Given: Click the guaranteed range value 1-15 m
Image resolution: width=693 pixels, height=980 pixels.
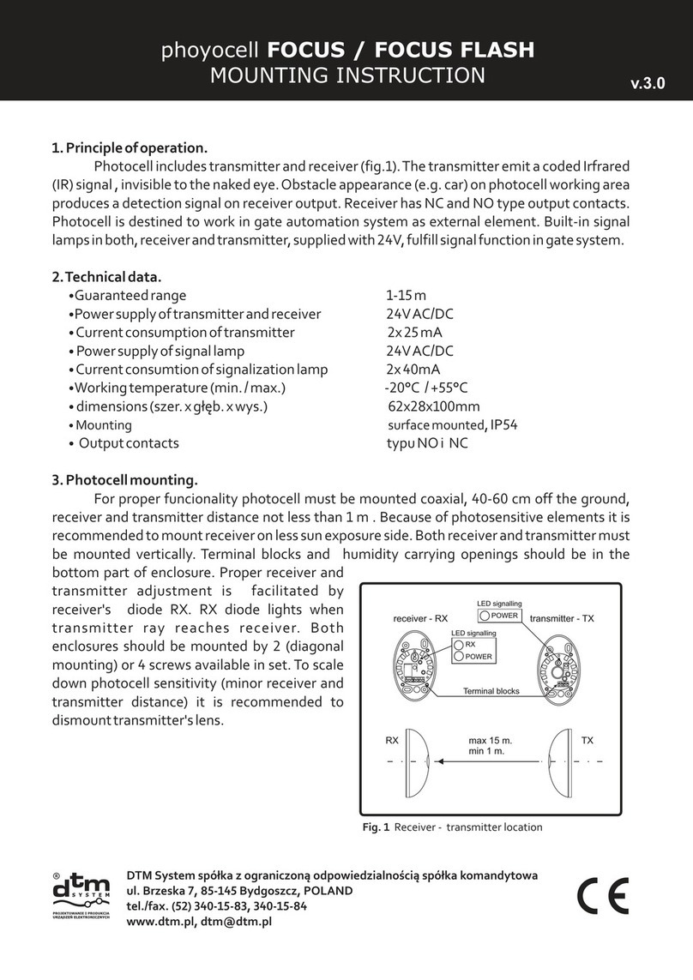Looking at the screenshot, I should click(406, 295).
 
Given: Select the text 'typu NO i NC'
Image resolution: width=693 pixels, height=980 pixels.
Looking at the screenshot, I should click(428, 443).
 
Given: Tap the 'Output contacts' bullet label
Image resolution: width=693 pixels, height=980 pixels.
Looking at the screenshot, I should click(129, 443).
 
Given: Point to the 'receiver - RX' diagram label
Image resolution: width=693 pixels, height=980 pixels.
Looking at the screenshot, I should click(422, 618).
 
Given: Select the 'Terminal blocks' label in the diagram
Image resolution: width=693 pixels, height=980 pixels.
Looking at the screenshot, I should click(492, 690).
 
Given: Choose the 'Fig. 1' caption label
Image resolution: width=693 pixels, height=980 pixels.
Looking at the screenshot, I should click(374, 827).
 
